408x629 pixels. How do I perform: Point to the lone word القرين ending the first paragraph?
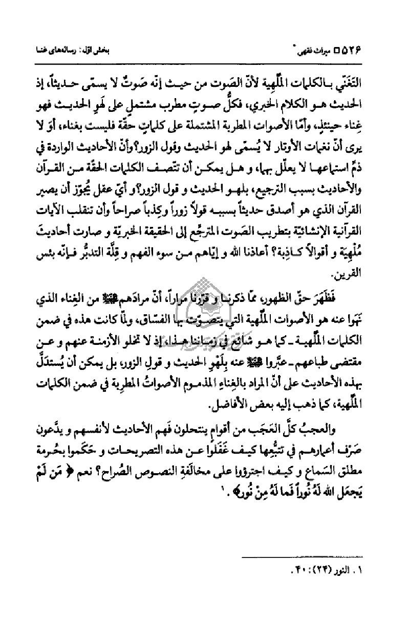coord(364,277)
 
